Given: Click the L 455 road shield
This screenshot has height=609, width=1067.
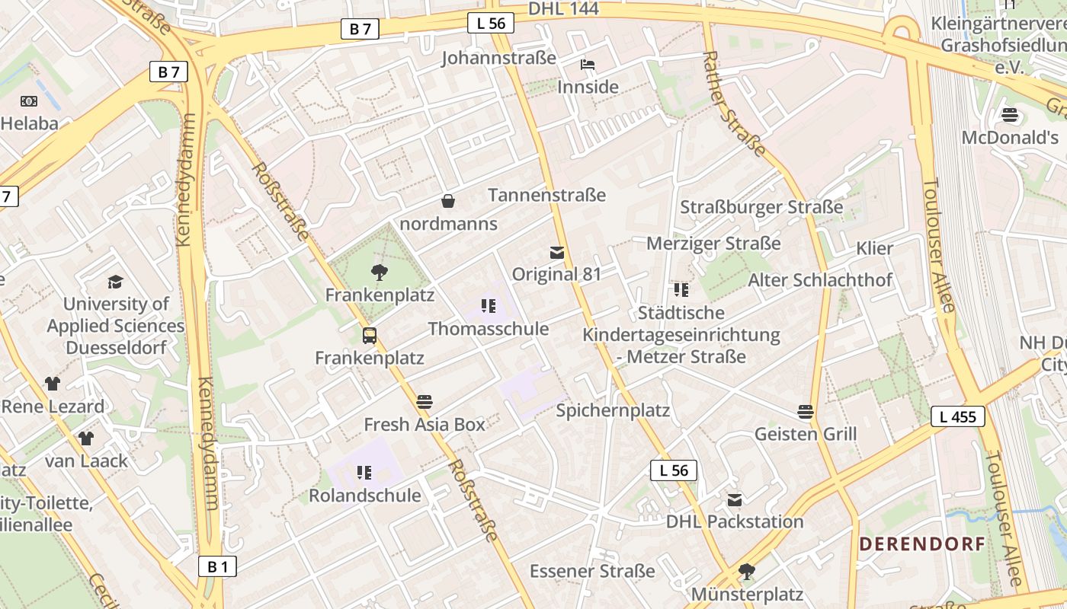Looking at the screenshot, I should point(958,416).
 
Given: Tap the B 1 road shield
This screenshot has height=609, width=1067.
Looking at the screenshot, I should point(217,566).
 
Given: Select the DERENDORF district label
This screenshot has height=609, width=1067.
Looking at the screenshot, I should point(922,544).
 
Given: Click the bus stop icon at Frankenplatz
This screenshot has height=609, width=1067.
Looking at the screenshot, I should point(370,335).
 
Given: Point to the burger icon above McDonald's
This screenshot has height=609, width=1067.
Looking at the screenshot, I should point(1010,115).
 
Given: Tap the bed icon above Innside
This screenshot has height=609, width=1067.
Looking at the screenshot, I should point(588,65).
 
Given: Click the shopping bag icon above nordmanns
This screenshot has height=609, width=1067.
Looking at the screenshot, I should point(448,201).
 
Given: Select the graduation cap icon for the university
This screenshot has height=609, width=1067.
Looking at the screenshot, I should point(115,282).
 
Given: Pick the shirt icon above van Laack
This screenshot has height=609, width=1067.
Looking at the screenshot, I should point(86,438).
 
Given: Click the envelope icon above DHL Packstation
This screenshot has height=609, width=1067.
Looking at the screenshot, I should point(735,500).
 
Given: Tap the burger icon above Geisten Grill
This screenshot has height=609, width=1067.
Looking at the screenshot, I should point(806,412).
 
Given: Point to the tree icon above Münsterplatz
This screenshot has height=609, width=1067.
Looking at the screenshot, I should point(747,571).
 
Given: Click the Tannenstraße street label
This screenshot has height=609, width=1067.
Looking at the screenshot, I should point(546,196).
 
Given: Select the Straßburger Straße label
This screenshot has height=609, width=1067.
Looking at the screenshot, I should point(761,207).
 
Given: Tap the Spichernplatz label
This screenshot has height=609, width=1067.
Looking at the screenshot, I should point(613,411).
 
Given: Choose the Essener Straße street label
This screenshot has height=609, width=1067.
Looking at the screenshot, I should point(592,571).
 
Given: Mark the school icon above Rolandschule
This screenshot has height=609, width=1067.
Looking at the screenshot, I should point(364,473).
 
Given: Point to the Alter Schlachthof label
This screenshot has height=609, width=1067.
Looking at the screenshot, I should point(819,280).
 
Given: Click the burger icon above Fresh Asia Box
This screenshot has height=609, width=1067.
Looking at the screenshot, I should point(425,402).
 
